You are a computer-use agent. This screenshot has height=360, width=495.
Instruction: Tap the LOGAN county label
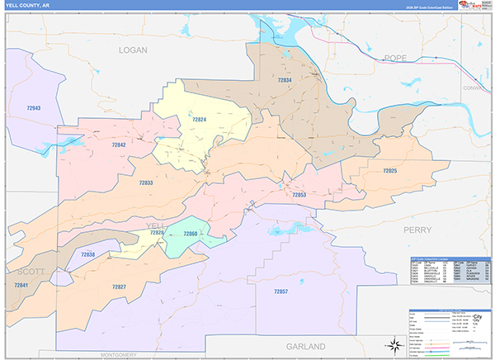131,50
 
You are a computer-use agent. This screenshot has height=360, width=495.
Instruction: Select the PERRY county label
417,232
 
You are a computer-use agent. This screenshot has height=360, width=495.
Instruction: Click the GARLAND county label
305,346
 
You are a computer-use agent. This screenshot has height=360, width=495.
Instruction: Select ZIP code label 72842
119,144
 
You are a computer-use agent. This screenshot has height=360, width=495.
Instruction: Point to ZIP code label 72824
200,120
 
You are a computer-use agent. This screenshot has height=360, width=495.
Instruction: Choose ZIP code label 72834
285,80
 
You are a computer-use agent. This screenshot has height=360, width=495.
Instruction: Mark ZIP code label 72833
145,182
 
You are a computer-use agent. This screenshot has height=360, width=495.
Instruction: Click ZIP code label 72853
299,195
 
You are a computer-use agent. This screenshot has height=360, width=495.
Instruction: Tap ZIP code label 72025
389,170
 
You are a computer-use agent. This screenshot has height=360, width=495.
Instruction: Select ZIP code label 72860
191,234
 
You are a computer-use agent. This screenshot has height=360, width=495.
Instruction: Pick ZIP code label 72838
87,254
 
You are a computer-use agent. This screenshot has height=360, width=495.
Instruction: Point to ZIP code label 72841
21,285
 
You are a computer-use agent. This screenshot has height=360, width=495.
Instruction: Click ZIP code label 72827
119,287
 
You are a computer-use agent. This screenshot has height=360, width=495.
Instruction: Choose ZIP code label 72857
281,292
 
